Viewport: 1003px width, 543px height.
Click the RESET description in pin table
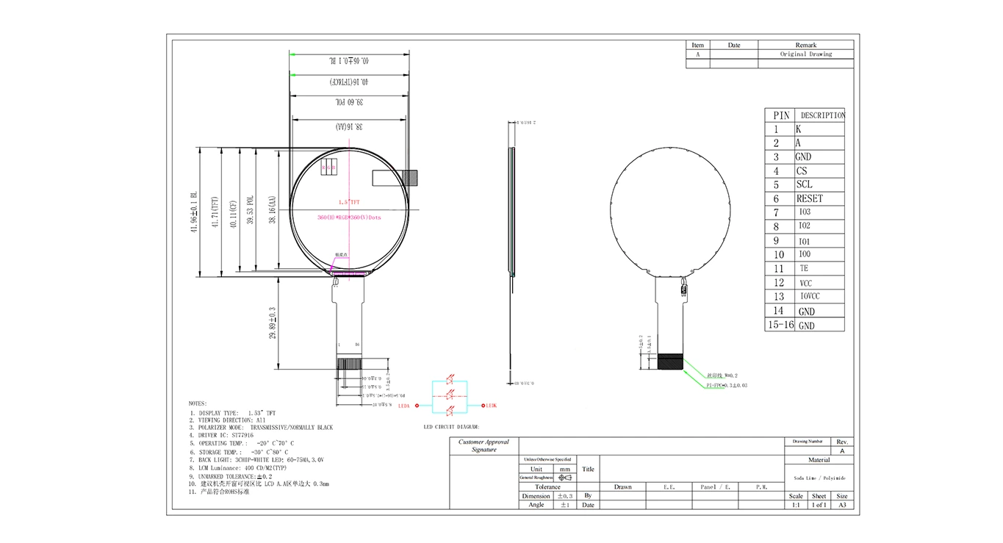tap(809, 198)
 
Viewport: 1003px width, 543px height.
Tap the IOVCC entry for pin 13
tap(809, 296)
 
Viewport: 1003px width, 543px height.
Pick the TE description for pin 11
tap(804, 269)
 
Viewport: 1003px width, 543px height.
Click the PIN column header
tap(781, 115)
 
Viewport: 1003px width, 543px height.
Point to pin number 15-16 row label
tap(780, 324)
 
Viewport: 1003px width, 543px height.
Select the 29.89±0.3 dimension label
tap(273, 323)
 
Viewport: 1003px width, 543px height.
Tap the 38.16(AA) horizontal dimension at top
tap(350, 127)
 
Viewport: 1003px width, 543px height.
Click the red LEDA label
tap(403, 406)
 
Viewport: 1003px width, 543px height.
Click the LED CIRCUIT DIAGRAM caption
tap(451, 427)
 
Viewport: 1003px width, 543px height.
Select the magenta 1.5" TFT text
tap(349, 202)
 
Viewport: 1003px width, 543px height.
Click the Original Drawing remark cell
tap(805, 54)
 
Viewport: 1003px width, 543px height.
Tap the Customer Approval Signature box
tap(483, 446)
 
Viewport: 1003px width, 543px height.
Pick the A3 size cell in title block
tap(842, 506)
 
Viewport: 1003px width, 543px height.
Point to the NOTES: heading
tap(198, 403)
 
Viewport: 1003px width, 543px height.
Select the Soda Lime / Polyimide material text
tap(819, 478)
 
